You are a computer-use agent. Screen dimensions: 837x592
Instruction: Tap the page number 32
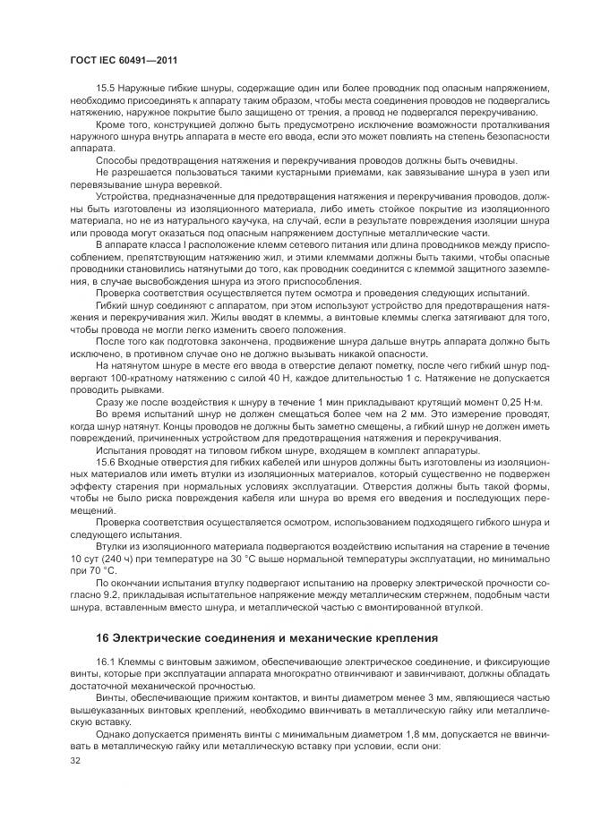coord(75,760)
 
